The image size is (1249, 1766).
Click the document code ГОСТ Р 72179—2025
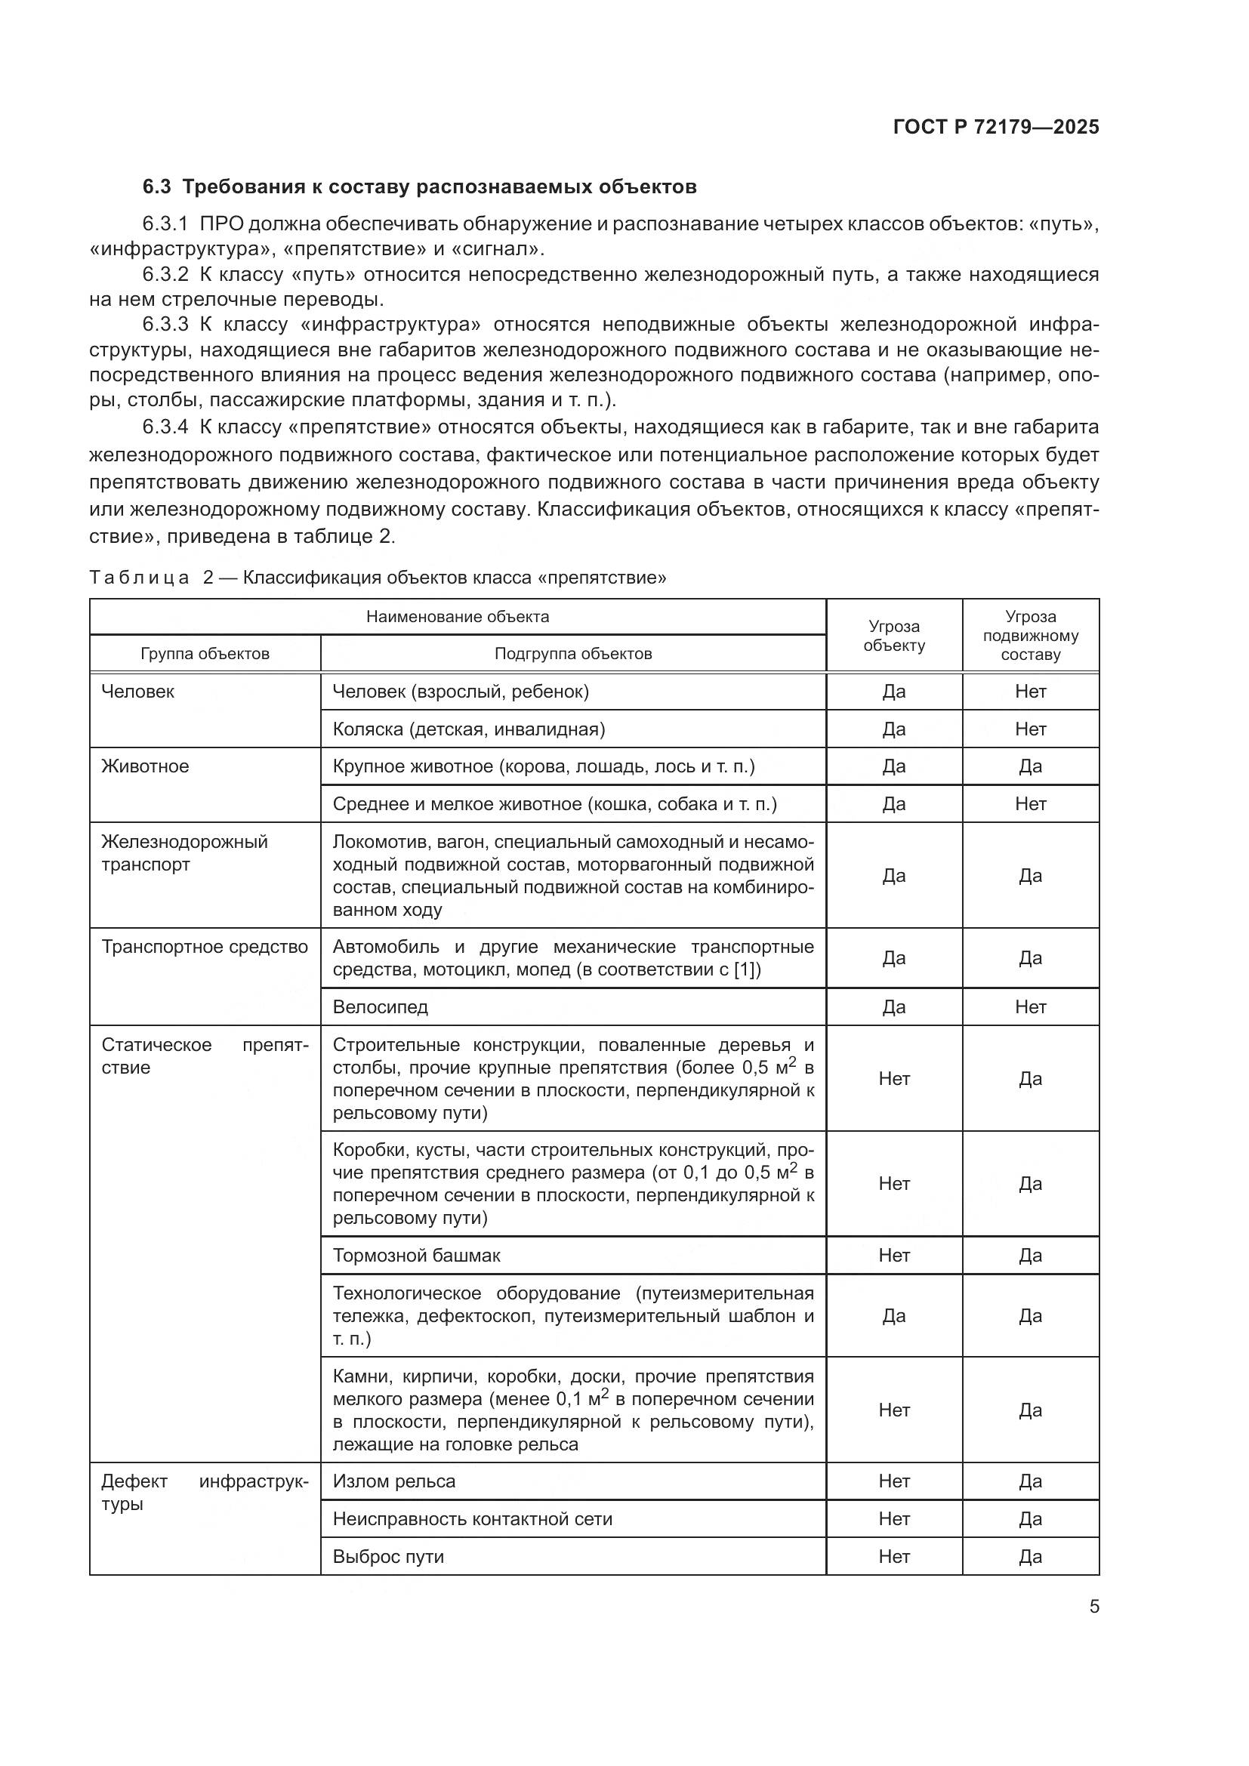pos(996,127)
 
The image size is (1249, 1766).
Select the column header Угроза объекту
pos(893,636)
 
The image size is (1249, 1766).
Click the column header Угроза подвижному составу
pos(1031,636)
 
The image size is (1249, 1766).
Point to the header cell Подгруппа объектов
pos(573,654)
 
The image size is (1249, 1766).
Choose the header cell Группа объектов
pos(205,654)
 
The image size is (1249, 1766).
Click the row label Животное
pos(145,767)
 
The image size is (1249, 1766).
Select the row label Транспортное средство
pos(205,948)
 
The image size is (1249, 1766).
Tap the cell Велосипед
pos(380,1008)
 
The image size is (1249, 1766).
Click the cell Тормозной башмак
pos(416,1256)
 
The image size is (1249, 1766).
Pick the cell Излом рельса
pos(393,1482)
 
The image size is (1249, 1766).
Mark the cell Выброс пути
pos(388,1558)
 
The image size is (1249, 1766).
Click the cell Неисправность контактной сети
pos(472,1520)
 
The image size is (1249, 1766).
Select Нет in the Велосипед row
pos(1031,1008)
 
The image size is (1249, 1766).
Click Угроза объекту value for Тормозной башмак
pos(893,1256)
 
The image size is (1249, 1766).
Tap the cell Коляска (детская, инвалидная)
pos(468,729)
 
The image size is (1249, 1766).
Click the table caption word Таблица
pos(138,578)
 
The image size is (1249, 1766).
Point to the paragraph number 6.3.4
pos(165,427)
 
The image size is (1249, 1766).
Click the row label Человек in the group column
pos(137,692)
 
